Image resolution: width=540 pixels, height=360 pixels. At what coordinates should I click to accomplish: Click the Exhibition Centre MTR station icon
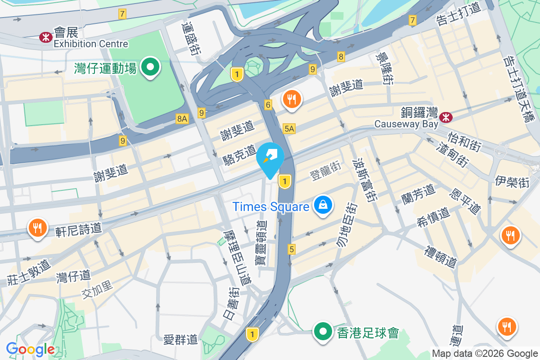(x=45, y=36)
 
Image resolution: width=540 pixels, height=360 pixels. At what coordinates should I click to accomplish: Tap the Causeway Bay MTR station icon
(x=446, y=117)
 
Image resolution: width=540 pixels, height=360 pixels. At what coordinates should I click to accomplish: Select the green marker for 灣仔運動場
(x=150, y=68)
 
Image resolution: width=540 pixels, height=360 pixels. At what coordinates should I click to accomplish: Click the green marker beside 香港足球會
(x=323, y=332)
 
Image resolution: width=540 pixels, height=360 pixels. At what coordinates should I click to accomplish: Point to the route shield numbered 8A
(x=182, y=119)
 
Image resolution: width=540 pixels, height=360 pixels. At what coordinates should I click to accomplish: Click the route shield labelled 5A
(x=289, y=129)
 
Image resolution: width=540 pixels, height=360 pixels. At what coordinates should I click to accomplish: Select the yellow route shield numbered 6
(x=269, y=105)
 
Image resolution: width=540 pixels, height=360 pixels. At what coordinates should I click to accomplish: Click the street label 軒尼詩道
(x=79, y=230)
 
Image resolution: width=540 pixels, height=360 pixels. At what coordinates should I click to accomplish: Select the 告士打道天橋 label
(x=518, y=88)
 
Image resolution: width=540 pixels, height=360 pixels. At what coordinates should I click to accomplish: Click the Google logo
(x=30, y=349)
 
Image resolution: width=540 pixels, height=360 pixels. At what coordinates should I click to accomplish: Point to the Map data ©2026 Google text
(x=485, y=354)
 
